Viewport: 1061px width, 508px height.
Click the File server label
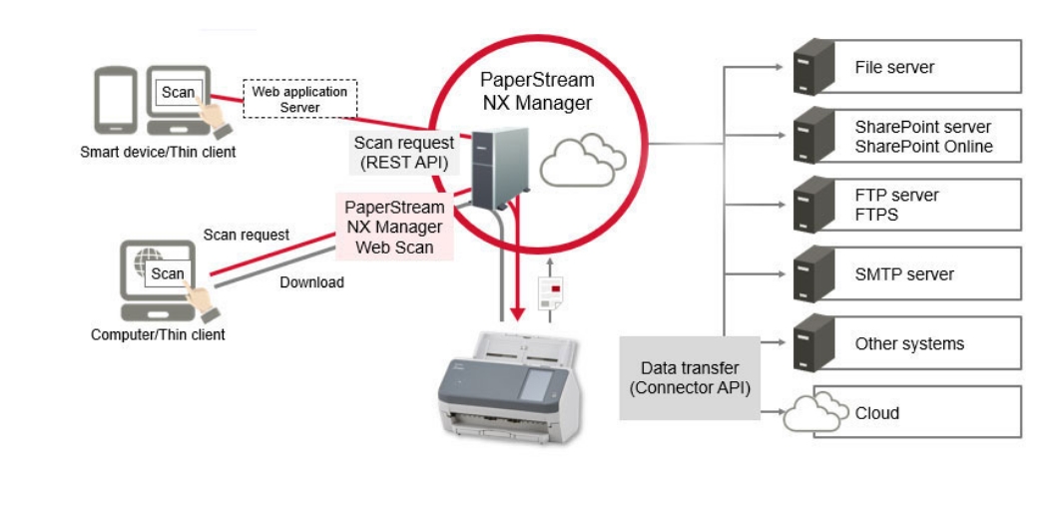coord(894,68)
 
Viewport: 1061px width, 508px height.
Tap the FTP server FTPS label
coord(896,205)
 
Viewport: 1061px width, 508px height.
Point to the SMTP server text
coord(904,274)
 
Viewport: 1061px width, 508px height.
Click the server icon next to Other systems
coord(812,343)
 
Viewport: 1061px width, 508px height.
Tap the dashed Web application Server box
coord(299,99)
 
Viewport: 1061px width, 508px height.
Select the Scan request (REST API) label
coord(404,153)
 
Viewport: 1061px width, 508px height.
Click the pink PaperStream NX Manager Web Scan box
coord(394,227)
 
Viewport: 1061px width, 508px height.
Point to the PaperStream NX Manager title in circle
coord(537,91)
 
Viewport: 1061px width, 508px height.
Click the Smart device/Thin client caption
coord(158,152)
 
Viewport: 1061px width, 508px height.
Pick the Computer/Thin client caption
coord(158,334)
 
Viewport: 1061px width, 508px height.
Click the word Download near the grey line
coord(311,282)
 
